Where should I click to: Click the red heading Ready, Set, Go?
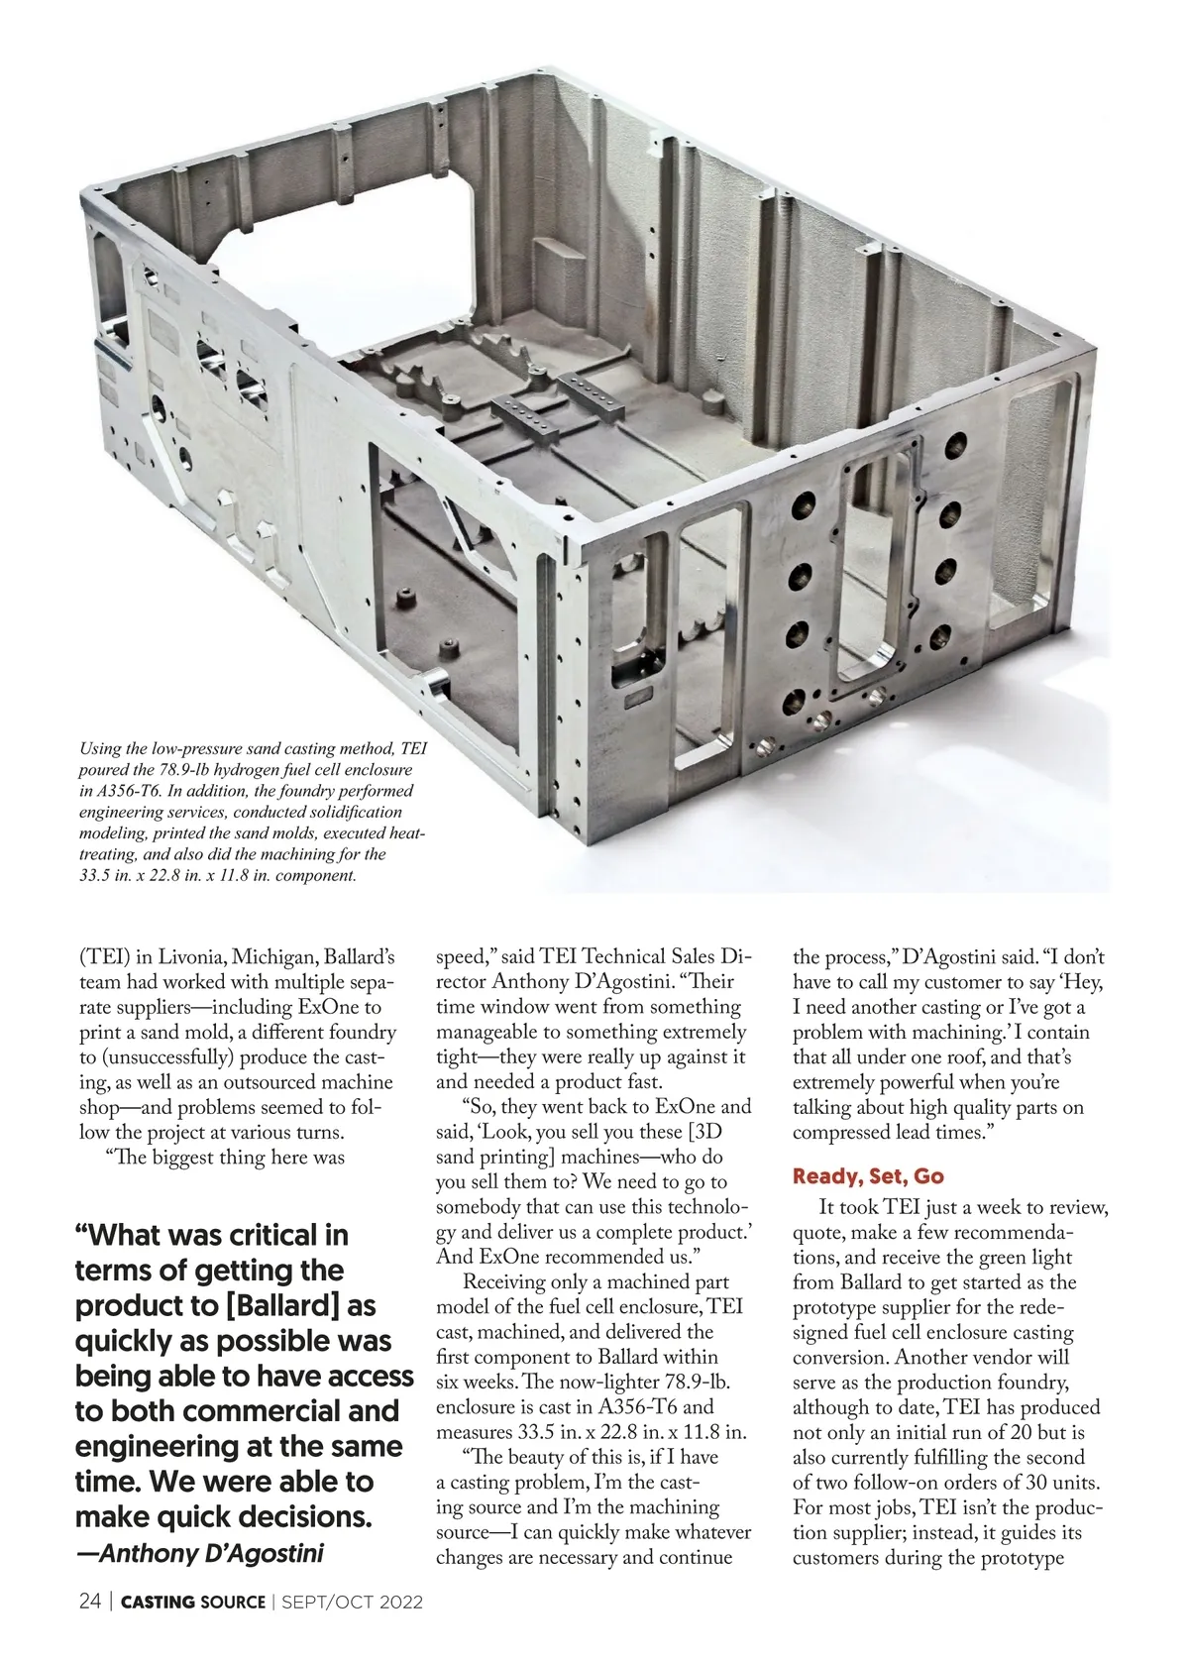click(x=868, y=1176)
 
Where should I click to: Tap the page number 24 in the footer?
click(x=89, y=1602)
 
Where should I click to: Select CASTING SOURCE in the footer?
click(x=193, y=1602)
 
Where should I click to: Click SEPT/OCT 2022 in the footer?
click(x=353, y=1602)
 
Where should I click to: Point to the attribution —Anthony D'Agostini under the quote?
click(x=200, y=1552)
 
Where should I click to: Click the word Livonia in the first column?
click(x=189, y=957)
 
